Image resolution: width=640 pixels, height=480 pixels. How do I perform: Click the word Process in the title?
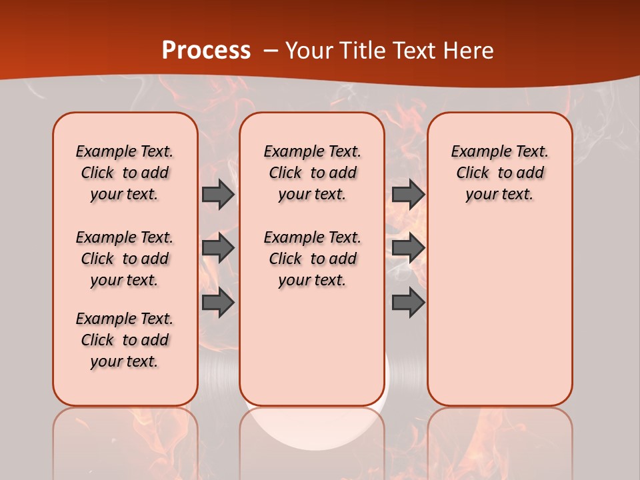206,51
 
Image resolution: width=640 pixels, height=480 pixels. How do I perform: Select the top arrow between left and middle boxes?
218,194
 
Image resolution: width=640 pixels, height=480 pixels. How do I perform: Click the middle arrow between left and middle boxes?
218,248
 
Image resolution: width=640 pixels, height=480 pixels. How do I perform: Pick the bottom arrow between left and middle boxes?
218,303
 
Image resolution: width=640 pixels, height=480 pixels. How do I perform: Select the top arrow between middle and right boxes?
408,194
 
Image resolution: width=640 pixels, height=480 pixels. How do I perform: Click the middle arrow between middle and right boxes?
408,248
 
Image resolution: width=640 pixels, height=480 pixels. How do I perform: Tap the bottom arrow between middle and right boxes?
408,303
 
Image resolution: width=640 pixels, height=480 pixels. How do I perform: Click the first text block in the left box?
125,173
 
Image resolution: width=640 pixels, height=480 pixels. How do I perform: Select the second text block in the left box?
125,259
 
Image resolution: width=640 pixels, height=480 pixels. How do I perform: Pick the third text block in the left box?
125,340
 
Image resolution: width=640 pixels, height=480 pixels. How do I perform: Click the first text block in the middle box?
312,173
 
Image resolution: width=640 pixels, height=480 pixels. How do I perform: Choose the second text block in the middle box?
312,259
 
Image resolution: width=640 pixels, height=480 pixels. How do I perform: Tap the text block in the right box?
499,173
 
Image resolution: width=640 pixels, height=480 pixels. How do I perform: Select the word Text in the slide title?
416,51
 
